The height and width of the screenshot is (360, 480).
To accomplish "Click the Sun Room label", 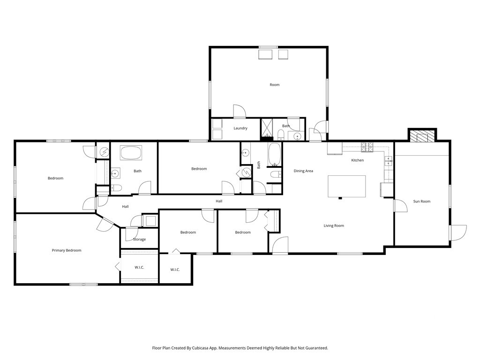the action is [421, 202].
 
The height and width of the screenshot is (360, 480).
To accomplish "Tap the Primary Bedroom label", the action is [67, 250].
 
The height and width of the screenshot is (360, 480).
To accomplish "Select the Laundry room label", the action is [240, 128].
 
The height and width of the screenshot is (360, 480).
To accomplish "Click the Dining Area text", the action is [303, 171].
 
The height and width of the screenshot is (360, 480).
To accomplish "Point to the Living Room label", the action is [334, 226].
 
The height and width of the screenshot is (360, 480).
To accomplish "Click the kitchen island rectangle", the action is [347, 186].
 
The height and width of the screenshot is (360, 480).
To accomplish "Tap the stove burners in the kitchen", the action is [367, 147].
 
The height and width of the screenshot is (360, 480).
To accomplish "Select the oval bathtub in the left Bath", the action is [131, 153].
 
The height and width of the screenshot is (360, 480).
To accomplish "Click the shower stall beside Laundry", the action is [267, 128].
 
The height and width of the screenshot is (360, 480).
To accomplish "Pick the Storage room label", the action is [139, 240].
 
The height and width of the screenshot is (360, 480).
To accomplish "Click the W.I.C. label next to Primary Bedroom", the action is [139, 268].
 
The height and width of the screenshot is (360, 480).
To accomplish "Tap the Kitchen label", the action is [357, 160].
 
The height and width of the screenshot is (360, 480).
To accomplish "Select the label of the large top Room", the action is [275, 85].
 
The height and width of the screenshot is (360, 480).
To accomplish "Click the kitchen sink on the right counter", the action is [389, 161].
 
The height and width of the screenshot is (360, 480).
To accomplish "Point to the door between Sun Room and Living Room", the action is [400, 206].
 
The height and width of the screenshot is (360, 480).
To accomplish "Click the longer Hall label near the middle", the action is [219, 202].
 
